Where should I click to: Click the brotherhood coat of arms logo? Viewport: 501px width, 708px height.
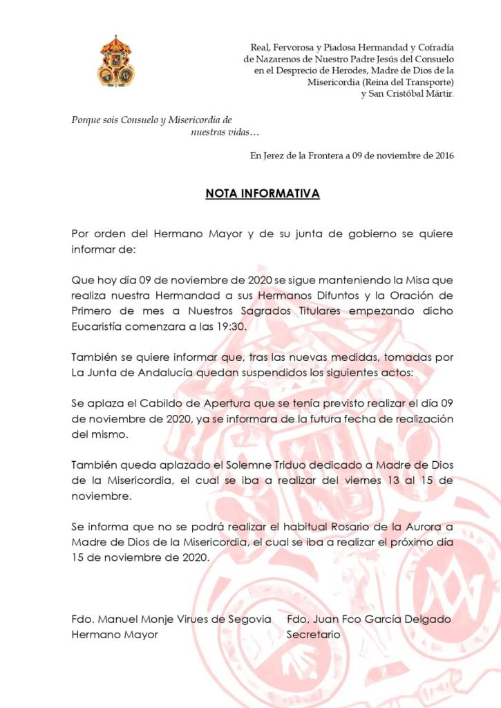pyautogui.click(x=115, y=62)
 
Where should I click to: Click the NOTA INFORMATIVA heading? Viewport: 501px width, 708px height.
pyautogui.click(x=263, y=194)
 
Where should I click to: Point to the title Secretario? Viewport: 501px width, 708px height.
pyautogui.click(x=313, y=635)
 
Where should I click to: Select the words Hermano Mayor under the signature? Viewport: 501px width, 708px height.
pyautogui.click(x=115, y=635)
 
